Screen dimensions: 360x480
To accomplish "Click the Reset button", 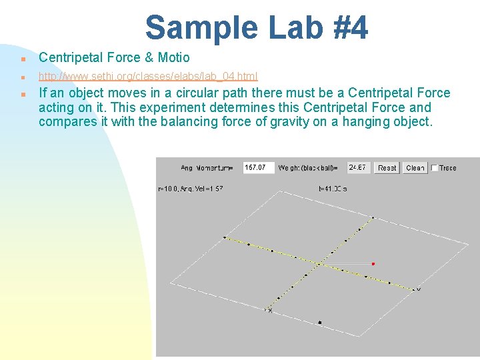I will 387,168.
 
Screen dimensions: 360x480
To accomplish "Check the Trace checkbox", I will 435,168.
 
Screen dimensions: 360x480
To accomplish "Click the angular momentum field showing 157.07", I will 259,167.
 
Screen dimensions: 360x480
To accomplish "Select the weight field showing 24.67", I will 359,167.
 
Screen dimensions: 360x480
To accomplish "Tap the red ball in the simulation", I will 373,264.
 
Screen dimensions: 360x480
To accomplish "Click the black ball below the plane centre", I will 320,323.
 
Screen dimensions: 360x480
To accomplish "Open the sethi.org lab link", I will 148,77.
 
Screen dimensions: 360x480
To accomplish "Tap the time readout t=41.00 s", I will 333,189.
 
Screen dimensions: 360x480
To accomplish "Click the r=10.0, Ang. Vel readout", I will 191,189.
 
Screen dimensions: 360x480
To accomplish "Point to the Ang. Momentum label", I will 207,168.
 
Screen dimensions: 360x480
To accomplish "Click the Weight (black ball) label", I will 308,168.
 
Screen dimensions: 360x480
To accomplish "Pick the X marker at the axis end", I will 269,311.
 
